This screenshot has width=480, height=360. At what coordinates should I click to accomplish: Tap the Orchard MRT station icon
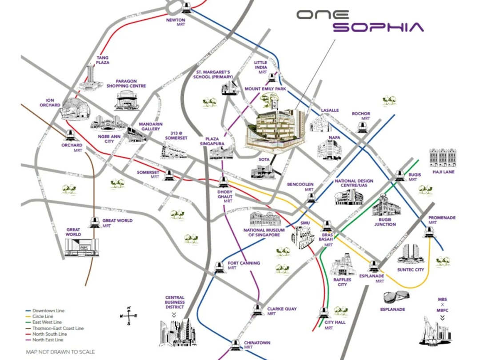coord(71,134)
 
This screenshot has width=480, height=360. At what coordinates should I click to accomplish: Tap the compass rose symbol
coord(128,316)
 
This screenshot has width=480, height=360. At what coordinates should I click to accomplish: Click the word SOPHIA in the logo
coord(378,27)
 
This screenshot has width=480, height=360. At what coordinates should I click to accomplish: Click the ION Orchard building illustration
coord(75,109)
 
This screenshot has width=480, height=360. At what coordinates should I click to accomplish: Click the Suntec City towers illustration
coord(410,253)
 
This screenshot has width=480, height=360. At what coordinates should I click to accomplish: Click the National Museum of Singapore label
coord(261,232)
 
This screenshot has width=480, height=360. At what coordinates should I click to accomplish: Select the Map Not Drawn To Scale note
coord(60,352)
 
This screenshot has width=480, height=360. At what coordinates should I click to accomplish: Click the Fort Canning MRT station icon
coord(219,267)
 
